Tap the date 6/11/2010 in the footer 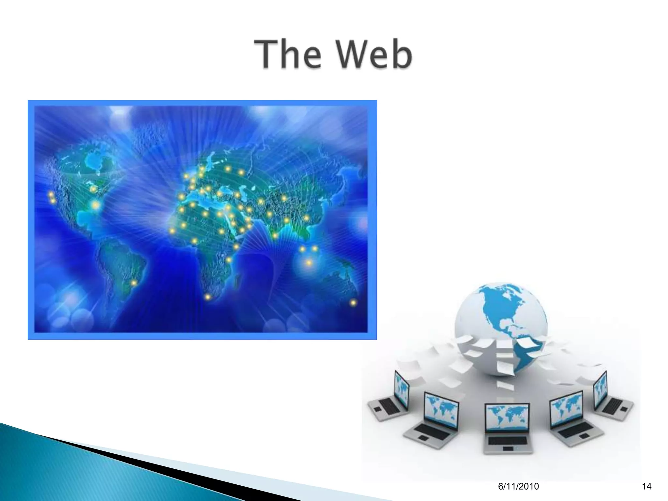(x=519, y=486)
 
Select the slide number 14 (x=646, y=486)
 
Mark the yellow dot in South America (x=134, y=283)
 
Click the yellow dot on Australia (x=353, y=303)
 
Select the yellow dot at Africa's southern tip (x=207, y=297)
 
